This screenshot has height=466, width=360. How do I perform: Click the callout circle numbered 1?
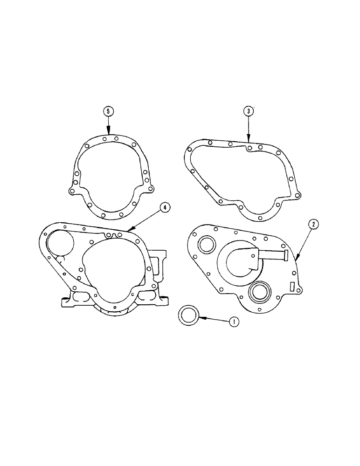(235, 322)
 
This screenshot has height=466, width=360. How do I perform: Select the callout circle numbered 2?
(314, 224)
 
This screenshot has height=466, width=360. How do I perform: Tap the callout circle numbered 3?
(249, 111)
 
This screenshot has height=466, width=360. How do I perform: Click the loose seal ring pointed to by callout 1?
(189, 315)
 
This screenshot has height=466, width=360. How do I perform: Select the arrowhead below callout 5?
(108, 133)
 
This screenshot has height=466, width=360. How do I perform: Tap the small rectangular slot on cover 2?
(292, 286)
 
